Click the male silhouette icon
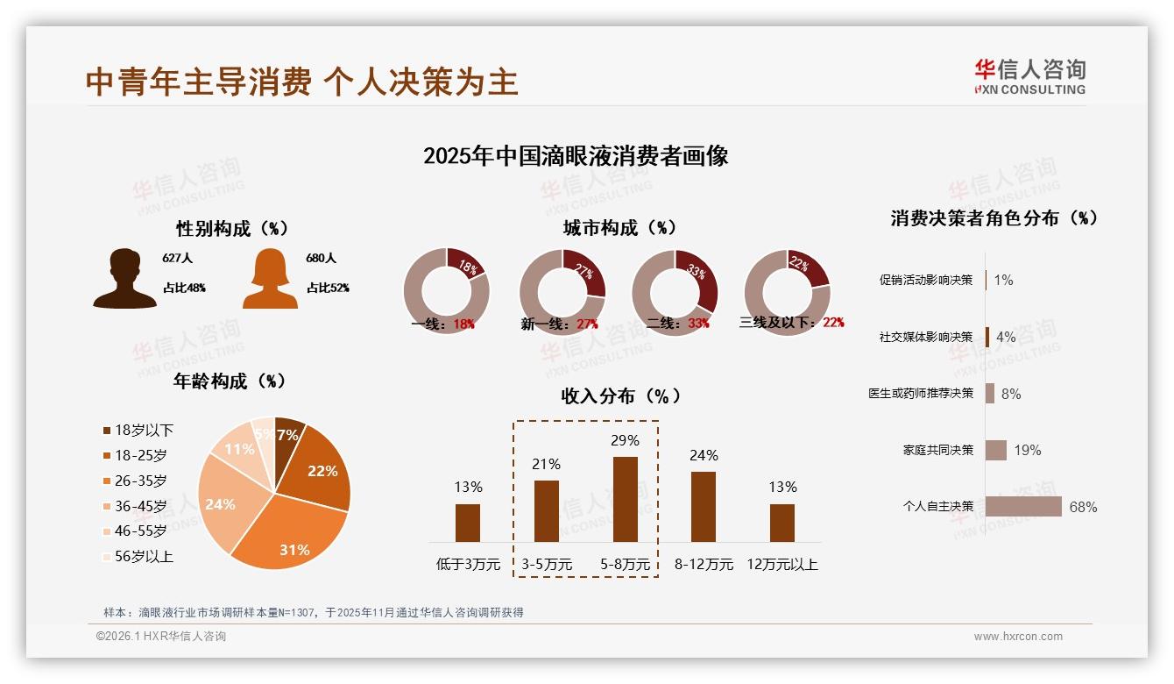125,279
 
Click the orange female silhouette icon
270,279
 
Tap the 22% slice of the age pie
320,469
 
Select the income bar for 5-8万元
625,499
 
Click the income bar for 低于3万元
468,523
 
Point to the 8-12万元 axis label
704,564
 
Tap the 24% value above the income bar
704,455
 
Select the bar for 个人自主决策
1023,507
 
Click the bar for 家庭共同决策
995,450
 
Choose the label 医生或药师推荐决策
921,393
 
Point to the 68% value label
1084,507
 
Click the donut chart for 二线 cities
675,291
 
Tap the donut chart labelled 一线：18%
446,291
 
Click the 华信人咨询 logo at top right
1029,76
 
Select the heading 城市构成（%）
619,228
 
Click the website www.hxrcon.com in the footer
1018,637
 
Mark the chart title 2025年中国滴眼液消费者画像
576,156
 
